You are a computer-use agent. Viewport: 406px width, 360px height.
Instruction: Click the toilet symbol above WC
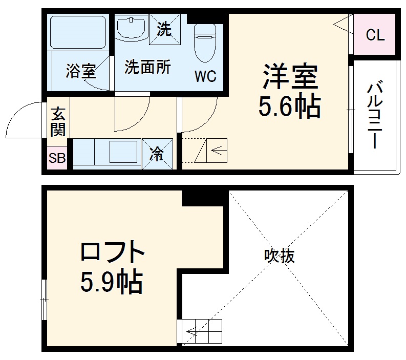tap(205, 44)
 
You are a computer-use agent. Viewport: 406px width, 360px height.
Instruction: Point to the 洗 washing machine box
tap(163, 28)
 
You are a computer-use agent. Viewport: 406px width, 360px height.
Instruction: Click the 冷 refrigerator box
tap(157, 153)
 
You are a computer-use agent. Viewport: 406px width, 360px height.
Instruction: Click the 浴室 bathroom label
tap(80, 71)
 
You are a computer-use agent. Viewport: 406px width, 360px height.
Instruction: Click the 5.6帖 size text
tap(289, 107)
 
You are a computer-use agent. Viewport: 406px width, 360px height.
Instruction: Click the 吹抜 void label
tap(280, 256)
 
